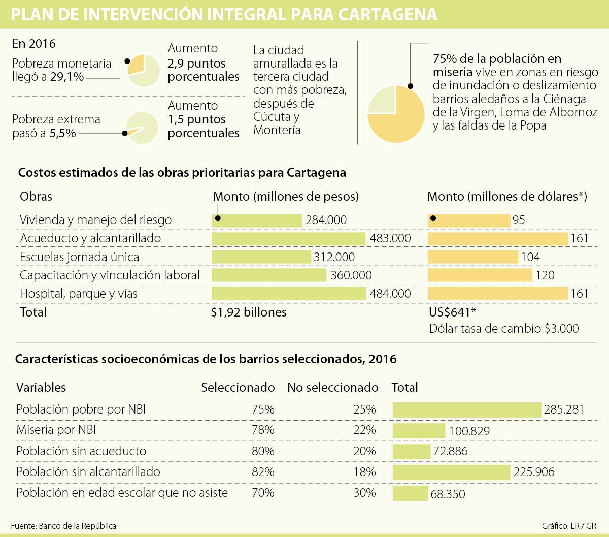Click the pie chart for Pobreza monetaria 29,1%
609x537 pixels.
point(144,71)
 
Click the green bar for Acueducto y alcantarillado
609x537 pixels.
point(288,239)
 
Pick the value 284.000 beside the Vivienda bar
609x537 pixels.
point(326,220)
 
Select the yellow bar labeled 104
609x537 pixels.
point(473,257)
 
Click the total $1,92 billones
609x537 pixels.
point(249,312)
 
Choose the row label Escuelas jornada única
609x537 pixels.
point(79,257)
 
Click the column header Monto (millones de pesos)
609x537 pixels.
point(286,197)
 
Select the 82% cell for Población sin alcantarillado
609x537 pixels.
point(263,472)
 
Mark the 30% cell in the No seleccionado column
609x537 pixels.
point(364,493)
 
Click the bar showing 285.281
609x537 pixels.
point(467,410)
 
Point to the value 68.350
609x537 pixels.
point(448,494)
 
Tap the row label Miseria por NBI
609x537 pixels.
point(56,430)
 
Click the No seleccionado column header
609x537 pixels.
point(332,388)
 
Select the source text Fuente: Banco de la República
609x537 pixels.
point(63,526)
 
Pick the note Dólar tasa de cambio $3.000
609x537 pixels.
point(504,329)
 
